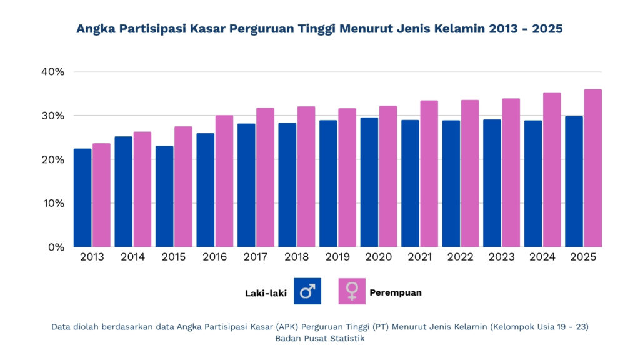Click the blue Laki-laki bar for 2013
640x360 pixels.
[x=82, y=197]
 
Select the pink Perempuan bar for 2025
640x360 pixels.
[x=592, y=168]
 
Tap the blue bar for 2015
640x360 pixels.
[x=164, y=196]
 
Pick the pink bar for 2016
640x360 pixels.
[x=224, y=181]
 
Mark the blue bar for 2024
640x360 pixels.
[x=533, y=184]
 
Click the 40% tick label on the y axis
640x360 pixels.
[x=52, y=72]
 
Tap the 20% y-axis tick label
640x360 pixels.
[x=52, y=159]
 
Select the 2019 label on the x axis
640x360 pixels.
[x=337, y=257]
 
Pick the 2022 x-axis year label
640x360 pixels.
[x=460, y=257]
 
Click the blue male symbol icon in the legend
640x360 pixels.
[x=307, y=291]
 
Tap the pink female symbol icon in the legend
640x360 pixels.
[x=352, y=291]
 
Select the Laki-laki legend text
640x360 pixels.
[x=266, y=292]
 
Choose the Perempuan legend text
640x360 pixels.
[x=396, y=292]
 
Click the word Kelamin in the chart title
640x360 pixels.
[x=462, y=29]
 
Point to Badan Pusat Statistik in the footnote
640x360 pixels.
[x=320, y=338]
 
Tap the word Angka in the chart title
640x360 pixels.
[x=94, y=29]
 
